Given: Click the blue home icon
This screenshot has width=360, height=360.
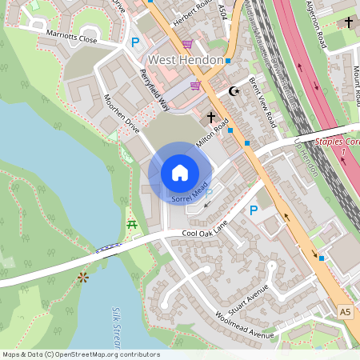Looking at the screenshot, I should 180,172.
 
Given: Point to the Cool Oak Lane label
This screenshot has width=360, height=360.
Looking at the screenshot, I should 202,233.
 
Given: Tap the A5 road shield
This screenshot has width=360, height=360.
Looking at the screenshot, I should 345,311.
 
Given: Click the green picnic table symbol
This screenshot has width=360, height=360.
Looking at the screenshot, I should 131,223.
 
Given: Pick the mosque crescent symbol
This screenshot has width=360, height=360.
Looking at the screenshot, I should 234,92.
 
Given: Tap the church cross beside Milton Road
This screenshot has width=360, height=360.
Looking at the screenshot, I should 211,118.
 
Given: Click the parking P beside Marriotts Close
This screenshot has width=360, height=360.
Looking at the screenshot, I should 135,41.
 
